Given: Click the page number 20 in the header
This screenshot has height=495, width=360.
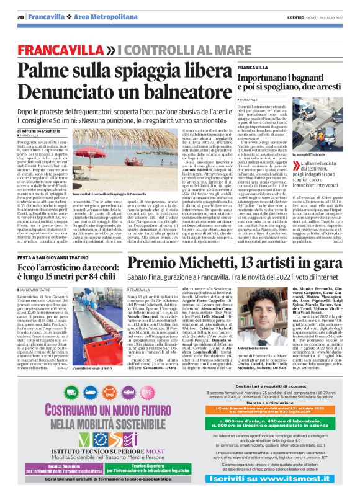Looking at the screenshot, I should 20,17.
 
